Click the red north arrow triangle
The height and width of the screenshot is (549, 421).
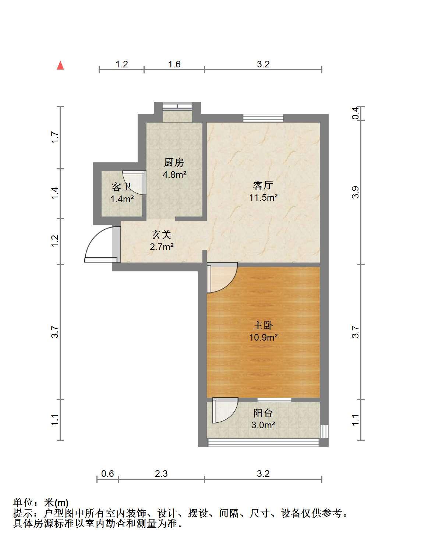(x=60, y=66)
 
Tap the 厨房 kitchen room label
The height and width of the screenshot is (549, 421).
(x=174, y=162)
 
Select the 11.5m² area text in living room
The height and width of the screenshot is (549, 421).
(x=263, y=197)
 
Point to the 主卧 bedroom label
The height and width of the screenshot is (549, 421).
(x=263, y=325)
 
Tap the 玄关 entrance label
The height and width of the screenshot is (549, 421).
(x=162, y=235)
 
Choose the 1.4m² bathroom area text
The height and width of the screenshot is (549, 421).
(x=122, y=199)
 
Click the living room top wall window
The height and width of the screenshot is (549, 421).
(x=263, y=118)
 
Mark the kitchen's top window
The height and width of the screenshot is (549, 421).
(x=177, y=106)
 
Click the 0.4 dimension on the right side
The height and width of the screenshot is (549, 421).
(x=355, y=113)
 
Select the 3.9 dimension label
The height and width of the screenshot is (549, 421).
(x=355, y=192)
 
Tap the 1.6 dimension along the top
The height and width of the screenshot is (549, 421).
(x=174, y=64)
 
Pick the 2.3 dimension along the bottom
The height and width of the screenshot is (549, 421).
(x=161, y=453)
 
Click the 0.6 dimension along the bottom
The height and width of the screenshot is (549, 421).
(x=107, y=453)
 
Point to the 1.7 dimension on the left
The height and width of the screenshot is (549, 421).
(x=55, y=137)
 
